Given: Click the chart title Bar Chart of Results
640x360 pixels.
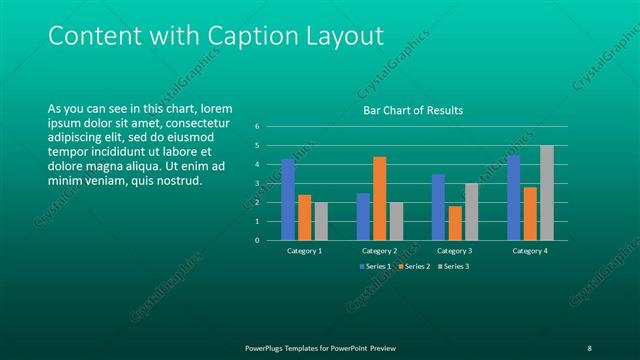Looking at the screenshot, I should tap(412, 110).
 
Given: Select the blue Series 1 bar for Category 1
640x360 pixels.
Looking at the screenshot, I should tap(288, 199).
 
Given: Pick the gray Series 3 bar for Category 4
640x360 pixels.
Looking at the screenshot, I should tap(547, 192).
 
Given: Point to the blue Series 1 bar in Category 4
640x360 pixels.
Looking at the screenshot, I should tap(514, 197).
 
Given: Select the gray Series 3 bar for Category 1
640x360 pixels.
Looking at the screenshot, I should tap(321, 221).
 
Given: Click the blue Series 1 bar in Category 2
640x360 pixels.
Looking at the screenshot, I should tap(363, 216).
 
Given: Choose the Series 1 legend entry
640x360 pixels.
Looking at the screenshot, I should tap(377, 267).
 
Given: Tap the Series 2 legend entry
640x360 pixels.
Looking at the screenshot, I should tap(415, 267).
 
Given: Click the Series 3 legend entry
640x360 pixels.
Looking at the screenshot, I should tap(453, 267).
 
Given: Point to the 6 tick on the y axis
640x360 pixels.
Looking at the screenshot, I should tap(257, 127).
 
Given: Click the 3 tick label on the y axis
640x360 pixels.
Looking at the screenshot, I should tap(257, 184).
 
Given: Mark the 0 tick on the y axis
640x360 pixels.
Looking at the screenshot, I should tap(257, 240).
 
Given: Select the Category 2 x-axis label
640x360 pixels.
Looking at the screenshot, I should tap(380, 251).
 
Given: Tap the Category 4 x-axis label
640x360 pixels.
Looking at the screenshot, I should tap(530, 251).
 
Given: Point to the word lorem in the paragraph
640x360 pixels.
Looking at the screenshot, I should tap(216, 108).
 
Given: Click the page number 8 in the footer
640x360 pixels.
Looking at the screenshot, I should tap(589, 347).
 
